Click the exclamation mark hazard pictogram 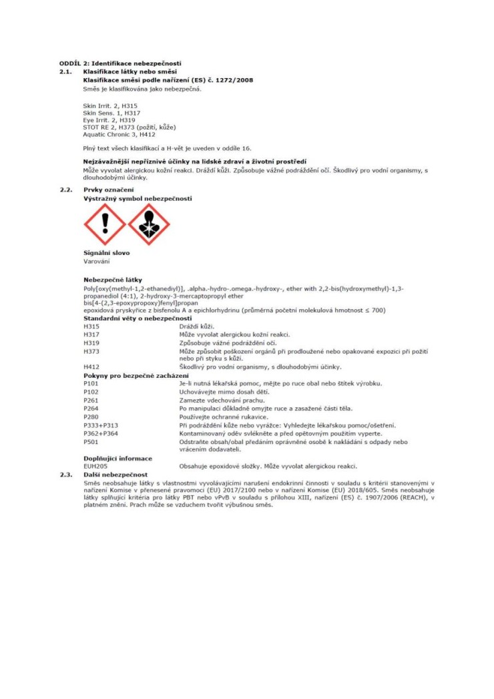point(104,224)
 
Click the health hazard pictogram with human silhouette point(148,224)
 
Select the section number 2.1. point(65,70)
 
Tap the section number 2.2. point(65,190)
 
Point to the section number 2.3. point(65,473)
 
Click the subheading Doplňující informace point(117,458)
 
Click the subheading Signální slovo point(106,253)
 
